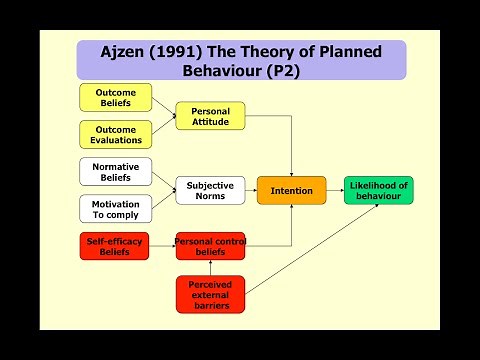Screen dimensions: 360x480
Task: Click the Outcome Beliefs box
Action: (115, 98)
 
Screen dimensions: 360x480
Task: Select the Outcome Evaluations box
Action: (115, 134)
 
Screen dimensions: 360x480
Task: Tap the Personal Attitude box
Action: (210, 116)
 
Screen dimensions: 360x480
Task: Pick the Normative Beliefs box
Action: (115, 171)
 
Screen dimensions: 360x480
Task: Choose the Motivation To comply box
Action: (115, 208)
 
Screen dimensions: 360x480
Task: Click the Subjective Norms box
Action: (210, 190)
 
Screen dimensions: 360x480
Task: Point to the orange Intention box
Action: (291, 190)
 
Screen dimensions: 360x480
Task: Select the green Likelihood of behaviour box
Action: (378, 190)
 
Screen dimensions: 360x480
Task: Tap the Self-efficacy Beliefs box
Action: (115, 245)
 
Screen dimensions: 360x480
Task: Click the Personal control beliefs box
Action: (210, 245)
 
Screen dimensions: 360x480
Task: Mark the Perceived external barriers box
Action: (210, 292)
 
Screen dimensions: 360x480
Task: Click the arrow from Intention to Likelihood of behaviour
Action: (335, 190)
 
